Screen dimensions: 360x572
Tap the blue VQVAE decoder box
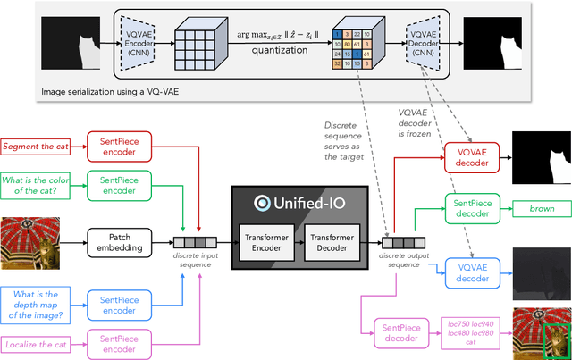click(x=471, y=272)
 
